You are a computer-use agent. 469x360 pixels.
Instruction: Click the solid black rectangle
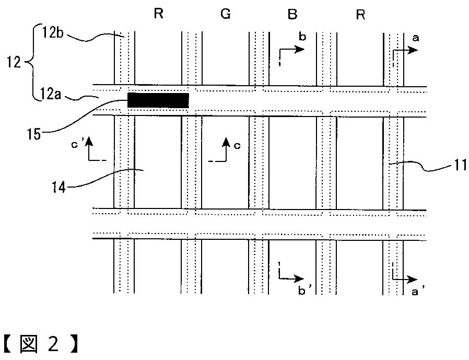coord(158,100)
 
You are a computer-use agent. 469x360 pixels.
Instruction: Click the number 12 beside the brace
coord(13,63)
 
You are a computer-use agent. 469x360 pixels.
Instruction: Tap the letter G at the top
coord(226,15)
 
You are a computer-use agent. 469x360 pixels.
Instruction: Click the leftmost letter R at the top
coord(158,15)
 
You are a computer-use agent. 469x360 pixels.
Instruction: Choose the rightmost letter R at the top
coord(360,15)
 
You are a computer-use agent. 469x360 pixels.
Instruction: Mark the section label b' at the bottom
coord(301,292)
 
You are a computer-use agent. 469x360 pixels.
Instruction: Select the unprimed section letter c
coord(237,145)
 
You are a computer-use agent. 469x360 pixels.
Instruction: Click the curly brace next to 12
coord(29,63)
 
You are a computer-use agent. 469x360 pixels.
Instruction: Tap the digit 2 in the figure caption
coord(54,344)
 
